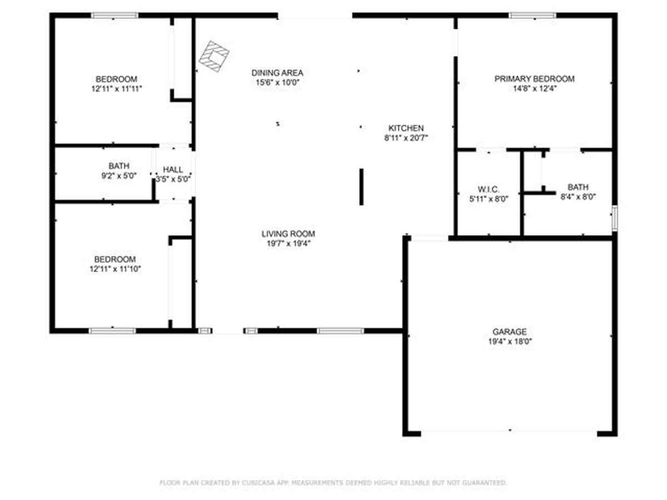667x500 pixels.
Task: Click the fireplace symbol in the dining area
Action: click(213, 57)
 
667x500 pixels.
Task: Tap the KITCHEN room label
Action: click(406, 128)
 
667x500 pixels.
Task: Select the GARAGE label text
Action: click(509, 332)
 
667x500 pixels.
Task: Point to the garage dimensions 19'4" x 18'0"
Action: click(510, 341)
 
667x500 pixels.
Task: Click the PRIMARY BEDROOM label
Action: click(534, 79)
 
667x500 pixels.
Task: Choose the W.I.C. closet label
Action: click(489, 189)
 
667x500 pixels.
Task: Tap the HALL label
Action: click(173, 169)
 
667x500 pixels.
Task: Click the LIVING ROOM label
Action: click(288, 234)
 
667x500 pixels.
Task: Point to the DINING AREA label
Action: click(277, 73)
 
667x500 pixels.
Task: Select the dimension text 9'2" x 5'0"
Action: click(119, 176)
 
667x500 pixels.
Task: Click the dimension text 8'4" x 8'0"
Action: click(578, 197)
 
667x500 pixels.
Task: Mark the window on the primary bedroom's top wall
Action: click(532, 16)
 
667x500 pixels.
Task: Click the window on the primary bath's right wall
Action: click(614, 218)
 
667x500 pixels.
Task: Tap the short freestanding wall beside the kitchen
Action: click(361, 187)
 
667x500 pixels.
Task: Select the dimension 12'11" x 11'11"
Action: click(117, 89)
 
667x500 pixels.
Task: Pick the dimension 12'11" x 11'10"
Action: click(115, 269)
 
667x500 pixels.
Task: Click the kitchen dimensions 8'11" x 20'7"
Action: click(406, 138)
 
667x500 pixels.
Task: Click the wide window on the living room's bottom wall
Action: click(340, 331)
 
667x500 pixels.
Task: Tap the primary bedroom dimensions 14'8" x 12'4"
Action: click(535, 89)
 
